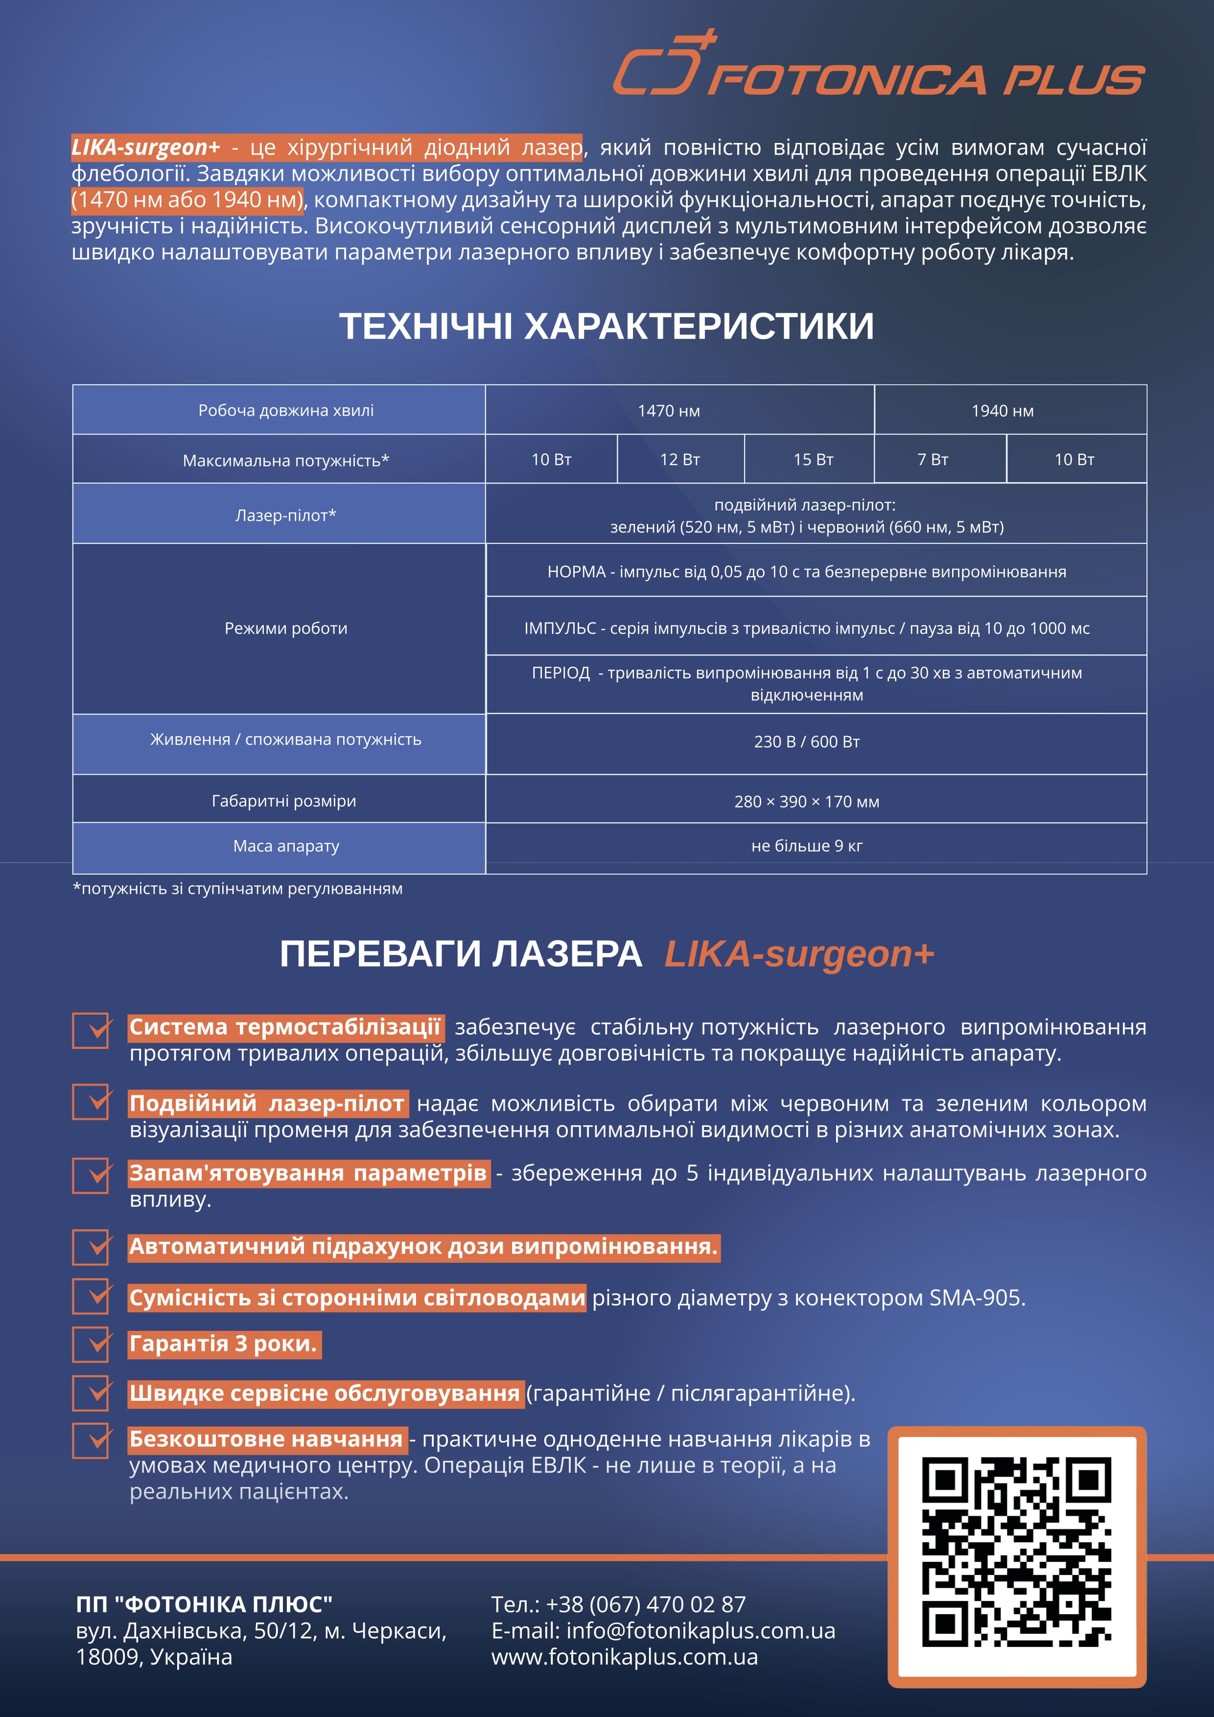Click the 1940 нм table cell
[x=1003, y=411]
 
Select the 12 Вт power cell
[x=680, y=459]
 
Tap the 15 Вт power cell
[x=813, y=459]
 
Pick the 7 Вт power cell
[x=933, y=459]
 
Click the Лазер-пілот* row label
[x=286, y=515]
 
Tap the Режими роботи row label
[x=286, y=628]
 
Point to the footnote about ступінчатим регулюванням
[x=238, y=888]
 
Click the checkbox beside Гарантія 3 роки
[x=91, y=1344]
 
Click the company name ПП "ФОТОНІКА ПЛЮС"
[x=204, y=1604]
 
